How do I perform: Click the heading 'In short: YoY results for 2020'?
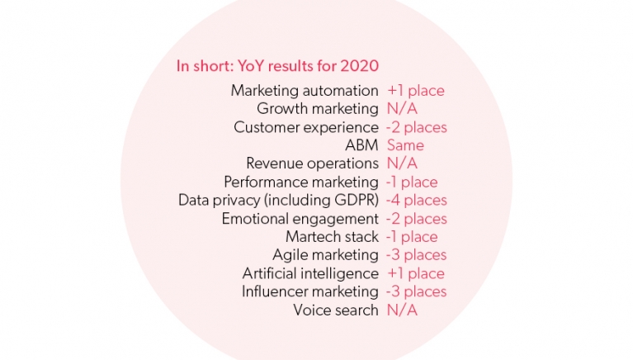click(x=277, y=66)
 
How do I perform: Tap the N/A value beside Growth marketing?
click(x=402, y=109)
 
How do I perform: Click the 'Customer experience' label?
click(x=306, y=127)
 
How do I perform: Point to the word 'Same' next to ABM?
click(x=405, y=145)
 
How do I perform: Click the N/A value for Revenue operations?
click(x=402, y=163)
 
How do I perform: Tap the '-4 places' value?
click(x=416, y=200)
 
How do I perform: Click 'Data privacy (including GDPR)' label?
click(x=278, y=200)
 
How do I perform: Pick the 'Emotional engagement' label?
click(x=300, y=219)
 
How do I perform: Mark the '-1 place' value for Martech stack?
click(x=411, y=237)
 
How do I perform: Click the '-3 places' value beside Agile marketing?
click(x=416, y=255)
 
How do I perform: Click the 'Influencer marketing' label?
click(x=309, y=291)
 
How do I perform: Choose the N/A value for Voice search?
click(x=402, y=310)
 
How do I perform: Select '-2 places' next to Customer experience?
click(x=416, y=127)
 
